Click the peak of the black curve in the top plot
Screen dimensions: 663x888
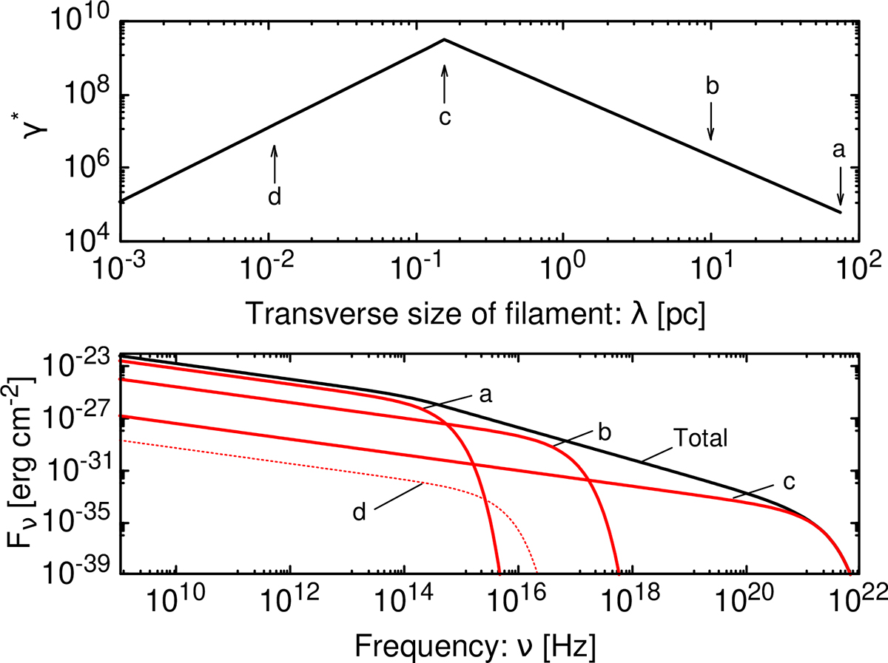coord(444,39)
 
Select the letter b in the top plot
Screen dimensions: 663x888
coord(712,86)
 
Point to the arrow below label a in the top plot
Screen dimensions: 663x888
coord(840,188)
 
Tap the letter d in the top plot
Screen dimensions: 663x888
coord(275,197)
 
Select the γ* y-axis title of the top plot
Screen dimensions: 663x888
coord(23,130)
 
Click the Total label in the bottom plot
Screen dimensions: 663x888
coord(701,438)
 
